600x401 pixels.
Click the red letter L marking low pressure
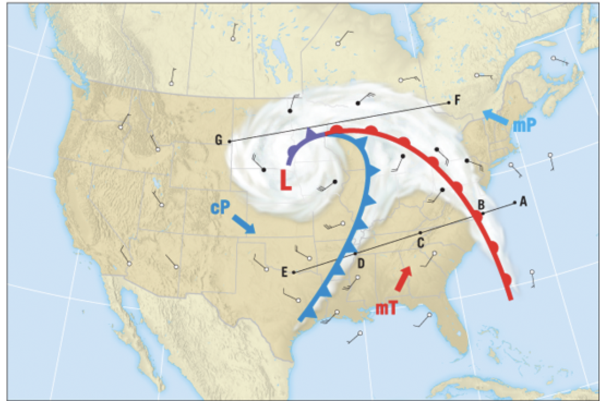(x=286, y=181)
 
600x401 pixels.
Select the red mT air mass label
(x=386, y=308)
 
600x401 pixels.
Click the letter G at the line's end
(x=219, y=141)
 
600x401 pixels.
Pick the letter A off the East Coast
(x=523, y=202)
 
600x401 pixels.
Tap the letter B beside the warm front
(x=481, y=204)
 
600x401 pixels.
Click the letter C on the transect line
(x=421, y=242)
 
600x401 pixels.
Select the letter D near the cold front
(x=361, y=263)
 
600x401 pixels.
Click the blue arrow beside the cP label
(x=244, y=224)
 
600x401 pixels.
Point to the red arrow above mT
(x=403, y=279)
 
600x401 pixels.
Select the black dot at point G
(x=230, y=141)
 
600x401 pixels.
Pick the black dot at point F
(x=449, y=102)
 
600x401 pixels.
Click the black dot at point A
(x=514, y=203)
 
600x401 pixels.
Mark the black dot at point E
(x=293, y=272)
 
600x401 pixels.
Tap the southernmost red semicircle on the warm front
(x=507, y=280)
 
